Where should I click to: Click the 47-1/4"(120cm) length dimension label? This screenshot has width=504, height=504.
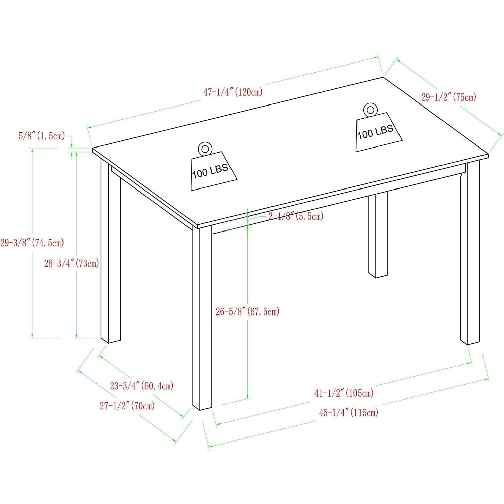[233, 92]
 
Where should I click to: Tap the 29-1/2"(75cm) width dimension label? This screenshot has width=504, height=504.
[449, 97]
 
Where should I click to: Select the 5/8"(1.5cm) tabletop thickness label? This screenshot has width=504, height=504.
[42, 136]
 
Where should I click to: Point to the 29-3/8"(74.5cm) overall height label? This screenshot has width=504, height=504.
[32, 242]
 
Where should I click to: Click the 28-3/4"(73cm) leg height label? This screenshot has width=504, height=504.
[72, 263]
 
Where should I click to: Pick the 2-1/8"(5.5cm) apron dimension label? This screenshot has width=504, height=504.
[296, 216]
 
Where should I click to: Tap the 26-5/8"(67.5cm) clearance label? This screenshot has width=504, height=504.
[248, 312]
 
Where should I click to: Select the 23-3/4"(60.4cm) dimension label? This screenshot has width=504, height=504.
[142, 386]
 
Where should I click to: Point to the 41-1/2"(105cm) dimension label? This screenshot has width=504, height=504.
[344, 393]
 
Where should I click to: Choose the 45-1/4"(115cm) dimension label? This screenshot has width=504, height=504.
[348, 412]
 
